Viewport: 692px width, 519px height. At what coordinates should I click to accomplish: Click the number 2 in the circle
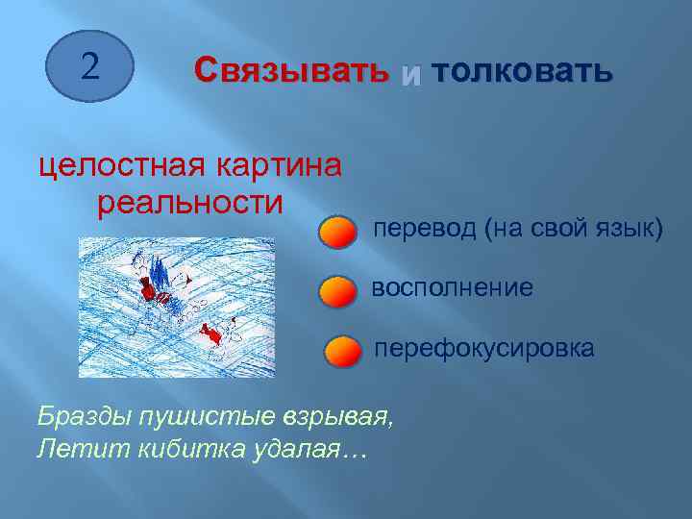89,66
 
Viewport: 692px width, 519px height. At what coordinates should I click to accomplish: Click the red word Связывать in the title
291,70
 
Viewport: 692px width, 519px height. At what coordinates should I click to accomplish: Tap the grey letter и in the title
410,73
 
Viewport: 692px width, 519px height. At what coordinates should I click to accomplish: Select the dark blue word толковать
521,70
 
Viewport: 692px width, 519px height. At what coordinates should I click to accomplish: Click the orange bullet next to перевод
337,234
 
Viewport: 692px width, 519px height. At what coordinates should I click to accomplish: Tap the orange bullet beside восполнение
337,291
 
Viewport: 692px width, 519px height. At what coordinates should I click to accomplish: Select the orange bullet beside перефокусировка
341,352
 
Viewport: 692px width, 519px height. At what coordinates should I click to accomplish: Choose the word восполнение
452,288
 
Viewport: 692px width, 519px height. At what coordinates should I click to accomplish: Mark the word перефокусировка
482,348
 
